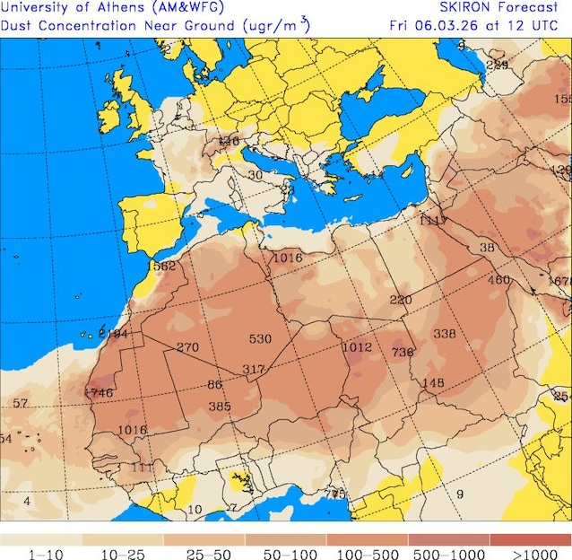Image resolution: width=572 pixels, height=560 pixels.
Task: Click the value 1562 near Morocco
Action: pos(161,266)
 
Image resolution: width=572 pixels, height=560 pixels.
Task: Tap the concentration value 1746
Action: pos(99,392)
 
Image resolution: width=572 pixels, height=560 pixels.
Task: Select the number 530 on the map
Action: pos(260,338)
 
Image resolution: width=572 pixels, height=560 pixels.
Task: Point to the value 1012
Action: pos(357,347)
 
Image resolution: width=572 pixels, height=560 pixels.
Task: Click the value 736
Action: pos(403,353)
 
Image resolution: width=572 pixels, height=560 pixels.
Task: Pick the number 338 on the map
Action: pos(445,334)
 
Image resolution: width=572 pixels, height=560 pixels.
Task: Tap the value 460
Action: pos(498,280)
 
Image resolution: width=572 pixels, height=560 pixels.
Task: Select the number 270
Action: pos(187,347)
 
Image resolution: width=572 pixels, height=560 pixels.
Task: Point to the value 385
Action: pos(220,406)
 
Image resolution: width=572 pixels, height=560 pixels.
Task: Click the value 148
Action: pos(433,383)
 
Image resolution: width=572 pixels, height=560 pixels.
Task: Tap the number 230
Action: pos(400,300)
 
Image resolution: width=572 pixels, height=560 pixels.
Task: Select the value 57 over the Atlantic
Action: pos(21,404)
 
